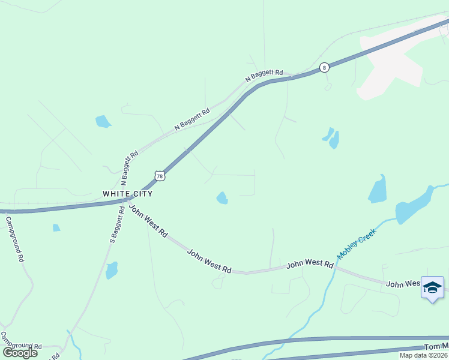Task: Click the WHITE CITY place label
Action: pyautogui.click(x=127, y=194)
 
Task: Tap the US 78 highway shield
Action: pyautogui.click(x=158, y=175)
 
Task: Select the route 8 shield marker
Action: pyautogui.click(x=324, y=67)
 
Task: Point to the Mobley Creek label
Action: pyautogui.click(x=357, y=244)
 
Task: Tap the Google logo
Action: pyautogui.click(x=20, y=353)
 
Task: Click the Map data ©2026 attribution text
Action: pyautogui.click(x=423, y=355)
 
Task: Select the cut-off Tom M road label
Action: pyautogui.click(x=436, y=347)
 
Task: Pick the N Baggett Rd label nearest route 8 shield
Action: pyautogui.click(x=264, y=76)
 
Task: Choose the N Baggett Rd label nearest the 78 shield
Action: pyautogui.click(x=128, y=166)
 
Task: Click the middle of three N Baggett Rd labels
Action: pyautogui.click(x=192, y=119)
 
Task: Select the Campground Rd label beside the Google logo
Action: pyautogui.click(x=22, y=343)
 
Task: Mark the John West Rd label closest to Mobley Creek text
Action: pyautogui.click(x=310, y=264)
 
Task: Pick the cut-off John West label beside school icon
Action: pyautogui.click(x=402, y=283)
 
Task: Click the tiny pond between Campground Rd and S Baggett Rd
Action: pyautogui.click(x=56, y=227)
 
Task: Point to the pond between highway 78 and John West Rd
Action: pyautogui.click(x=222, y=197)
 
